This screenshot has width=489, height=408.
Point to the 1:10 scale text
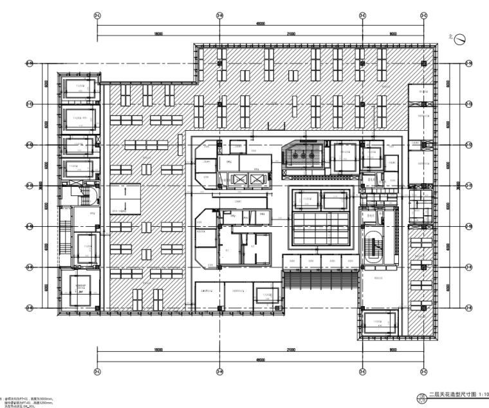point(483,395)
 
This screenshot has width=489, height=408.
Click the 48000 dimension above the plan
point(260,23)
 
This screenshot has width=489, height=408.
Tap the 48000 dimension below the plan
point(260,360)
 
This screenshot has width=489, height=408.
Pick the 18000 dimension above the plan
point(158,34)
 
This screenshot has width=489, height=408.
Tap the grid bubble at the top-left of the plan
point(97,14)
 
